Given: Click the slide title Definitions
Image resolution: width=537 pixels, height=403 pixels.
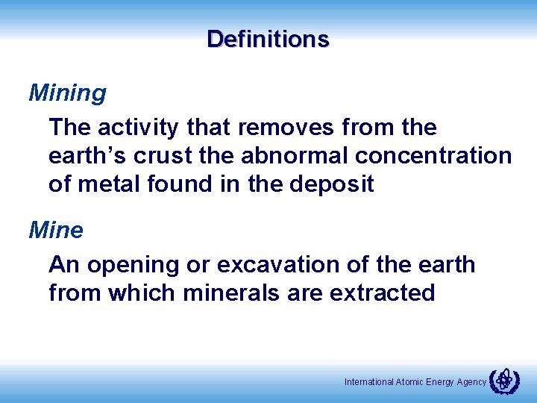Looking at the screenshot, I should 268,39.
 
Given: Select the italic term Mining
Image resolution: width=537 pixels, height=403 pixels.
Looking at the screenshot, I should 67,94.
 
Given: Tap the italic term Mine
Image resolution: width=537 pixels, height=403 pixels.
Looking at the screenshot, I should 56,230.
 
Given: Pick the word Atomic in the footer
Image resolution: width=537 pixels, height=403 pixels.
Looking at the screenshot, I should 410,382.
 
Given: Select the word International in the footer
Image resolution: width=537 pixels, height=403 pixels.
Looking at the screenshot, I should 369,382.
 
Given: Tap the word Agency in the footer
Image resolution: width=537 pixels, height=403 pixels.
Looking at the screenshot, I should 470,382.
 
